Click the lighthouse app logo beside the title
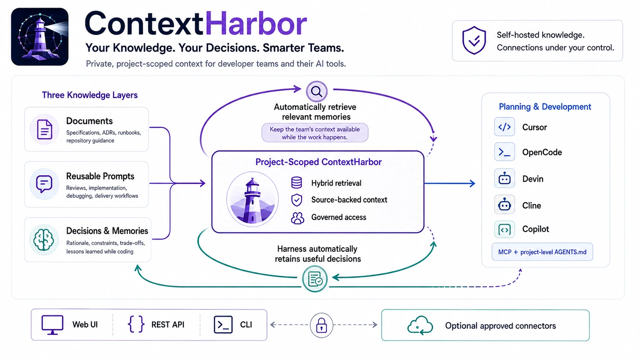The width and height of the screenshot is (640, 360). click(40, 37)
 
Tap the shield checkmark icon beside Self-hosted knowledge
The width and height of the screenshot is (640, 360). click(474, 40)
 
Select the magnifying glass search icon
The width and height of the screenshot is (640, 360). click(317, 92)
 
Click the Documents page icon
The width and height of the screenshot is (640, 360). click(44, 129)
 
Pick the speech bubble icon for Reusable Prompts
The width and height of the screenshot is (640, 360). click(44, 184)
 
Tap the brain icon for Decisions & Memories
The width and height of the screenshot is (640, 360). click(44, 239)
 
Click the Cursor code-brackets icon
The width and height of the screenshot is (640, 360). click(504, 127)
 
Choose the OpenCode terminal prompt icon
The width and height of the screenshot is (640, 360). click(504, 152)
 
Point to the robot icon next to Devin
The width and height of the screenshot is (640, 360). click(504, 178)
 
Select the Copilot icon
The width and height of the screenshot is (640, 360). click(504, 229)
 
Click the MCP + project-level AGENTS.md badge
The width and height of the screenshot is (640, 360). click(542, 252)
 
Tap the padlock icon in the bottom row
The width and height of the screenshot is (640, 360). click(322, 325)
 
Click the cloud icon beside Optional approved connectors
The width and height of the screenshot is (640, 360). click(420, 326)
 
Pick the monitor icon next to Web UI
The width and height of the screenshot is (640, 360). click(52, 324)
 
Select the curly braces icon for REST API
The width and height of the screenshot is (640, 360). click(136, 324)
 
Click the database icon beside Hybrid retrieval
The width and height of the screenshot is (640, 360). click(297, 183)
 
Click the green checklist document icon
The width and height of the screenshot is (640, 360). click(315, 279)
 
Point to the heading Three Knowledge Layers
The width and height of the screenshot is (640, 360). click(90, 95)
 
